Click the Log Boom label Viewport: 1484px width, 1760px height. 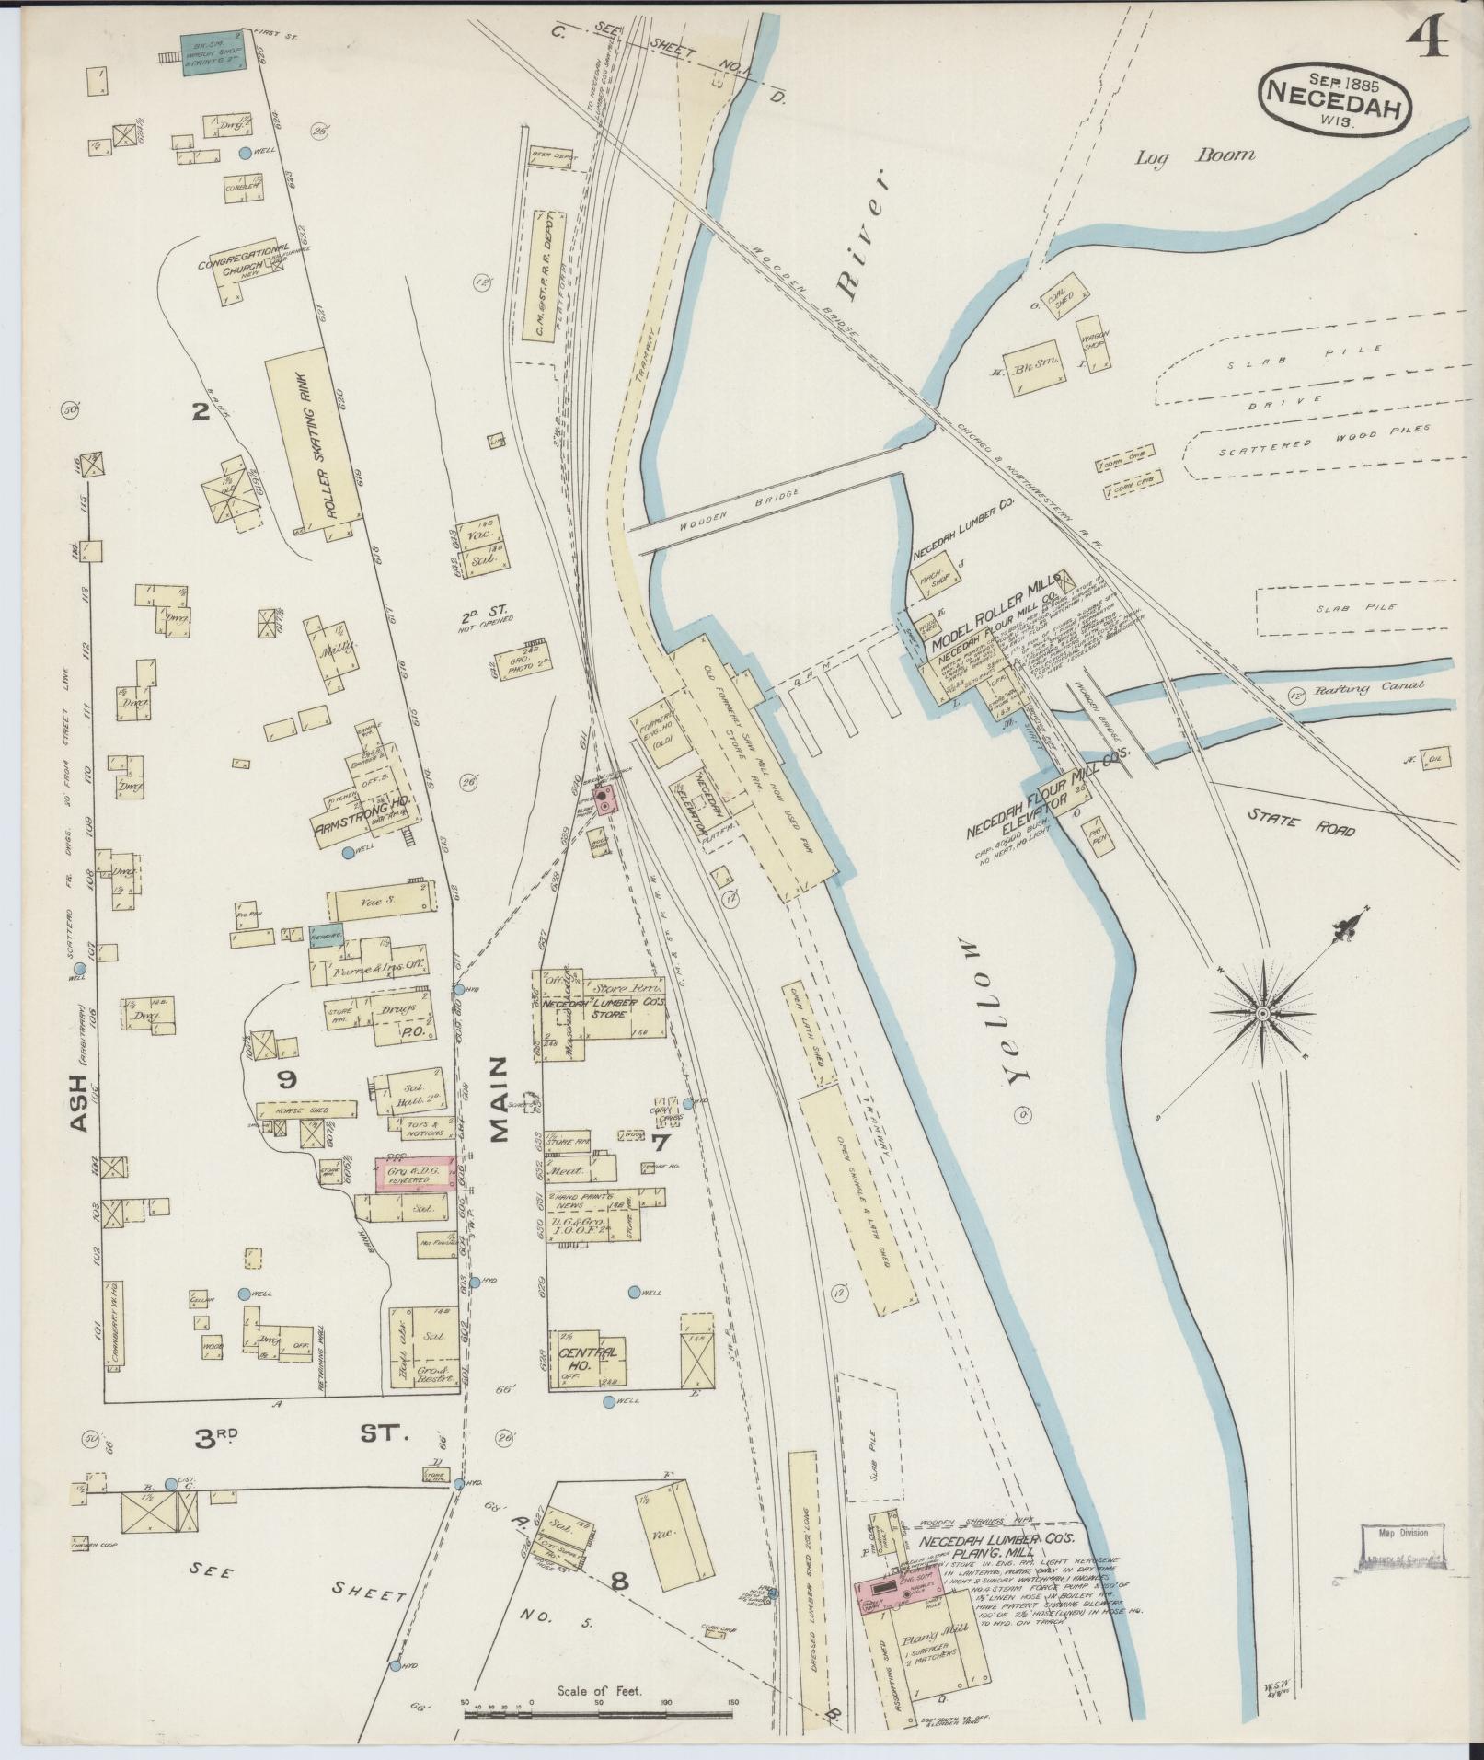(1194, 156)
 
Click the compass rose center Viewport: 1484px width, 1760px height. (1262, 1012)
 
